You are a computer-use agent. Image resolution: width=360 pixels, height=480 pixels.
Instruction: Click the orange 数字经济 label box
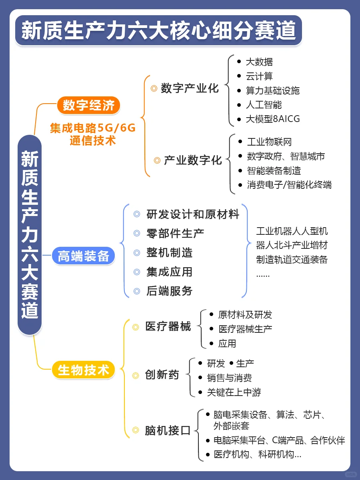pyautogui.click(x=88, y=105)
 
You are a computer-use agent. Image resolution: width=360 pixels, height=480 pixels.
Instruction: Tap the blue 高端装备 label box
pyautogui.click(x=83, y=256)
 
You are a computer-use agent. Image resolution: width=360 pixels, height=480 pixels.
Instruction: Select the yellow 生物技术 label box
pyautogui.click(x=83, y=370)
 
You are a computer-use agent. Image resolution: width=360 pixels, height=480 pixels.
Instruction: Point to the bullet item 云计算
pyautogui.click(x=259, y=76)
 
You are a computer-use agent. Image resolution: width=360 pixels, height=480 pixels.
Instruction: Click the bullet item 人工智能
pyautogui.click(x=264, y=105)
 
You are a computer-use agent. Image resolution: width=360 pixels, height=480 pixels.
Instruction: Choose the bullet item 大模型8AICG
pyautogui.click(x=273, y=119)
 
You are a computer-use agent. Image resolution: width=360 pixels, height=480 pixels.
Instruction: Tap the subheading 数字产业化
pyautogui.click(x=190, y=88)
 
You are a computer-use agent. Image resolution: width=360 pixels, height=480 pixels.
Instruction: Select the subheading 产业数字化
pyautogui.click(x=193, y=160)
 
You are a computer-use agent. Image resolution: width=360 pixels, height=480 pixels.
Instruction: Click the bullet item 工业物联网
pyautogui.click(x=269, y=142)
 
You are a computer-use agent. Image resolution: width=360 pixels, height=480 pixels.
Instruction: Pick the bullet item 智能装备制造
pyautogui.click(x=274, y=170)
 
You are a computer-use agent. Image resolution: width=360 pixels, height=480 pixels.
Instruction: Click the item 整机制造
pyautogui.click(x=170, y=253)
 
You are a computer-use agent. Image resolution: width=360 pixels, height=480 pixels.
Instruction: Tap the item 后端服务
pyautogui.click(x=170, y=291)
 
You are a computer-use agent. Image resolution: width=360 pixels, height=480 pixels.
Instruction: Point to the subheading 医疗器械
pyautogui.click(x=168, y=326)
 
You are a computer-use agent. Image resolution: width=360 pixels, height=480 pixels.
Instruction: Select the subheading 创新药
pyautogui.click(x=162, y=375)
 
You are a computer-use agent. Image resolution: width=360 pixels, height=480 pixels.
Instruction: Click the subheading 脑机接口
pyautogui.click(x=168, y=430)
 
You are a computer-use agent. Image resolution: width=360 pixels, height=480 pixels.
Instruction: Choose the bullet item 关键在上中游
pyautogui.click(x=234, y=392)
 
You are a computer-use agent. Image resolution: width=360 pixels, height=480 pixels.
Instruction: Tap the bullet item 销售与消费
pyautogui.click(x=229, y=378)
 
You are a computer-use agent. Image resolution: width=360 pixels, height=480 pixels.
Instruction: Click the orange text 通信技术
pyautogui.click(x=92, y=141)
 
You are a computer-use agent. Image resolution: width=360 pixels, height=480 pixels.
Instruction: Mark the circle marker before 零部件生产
pyautogui.click(x=137, y=233)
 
